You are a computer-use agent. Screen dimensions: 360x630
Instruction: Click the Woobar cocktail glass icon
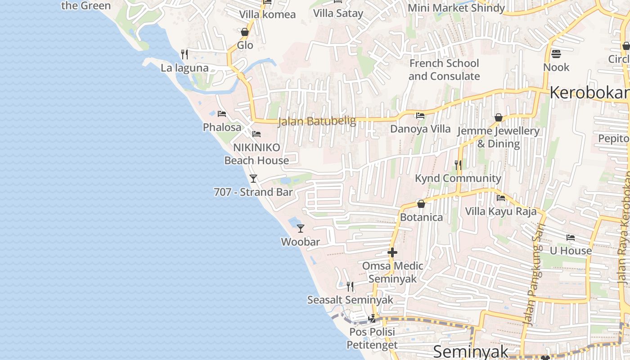pyautogui.click(x=301, y=229)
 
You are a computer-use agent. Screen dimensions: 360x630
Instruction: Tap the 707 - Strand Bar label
pyautogui.click(x=253, y=192)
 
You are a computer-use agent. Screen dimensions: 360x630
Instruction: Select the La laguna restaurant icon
pyautogui.click(x=184, y=54)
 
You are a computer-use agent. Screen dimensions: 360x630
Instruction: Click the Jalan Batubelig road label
pyautogui.click(x=317, y=121)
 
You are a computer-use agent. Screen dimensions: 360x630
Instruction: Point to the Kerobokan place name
pyautogui.click(x=589, y=93)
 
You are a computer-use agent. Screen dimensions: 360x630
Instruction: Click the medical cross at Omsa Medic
pyautogui.click(x=392, y=252)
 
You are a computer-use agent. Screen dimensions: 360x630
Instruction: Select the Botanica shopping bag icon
pyautogui.click(x=421, y=204)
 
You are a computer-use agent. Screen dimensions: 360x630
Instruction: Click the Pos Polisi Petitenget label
pyautogui.click(x=372, y=338)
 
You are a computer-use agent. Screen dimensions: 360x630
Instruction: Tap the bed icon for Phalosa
pyautogui.click(x=221, y=114)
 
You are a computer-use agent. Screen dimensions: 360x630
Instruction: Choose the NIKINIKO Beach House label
pyautogui.click(x=256, y=154)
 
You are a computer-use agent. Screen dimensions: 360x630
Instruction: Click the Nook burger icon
pyautogui.click(x=556, y=54)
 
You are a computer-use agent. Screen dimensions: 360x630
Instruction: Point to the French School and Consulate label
pyautogui.click(x=444, y=70)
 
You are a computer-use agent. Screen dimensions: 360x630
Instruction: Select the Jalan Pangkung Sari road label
pyautogui.click(x=535, y=274)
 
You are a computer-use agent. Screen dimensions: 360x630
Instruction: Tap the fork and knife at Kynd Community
pyautogui.click(x=458, y=165)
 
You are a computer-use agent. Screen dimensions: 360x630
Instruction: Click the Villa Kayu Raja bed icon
pyautogui.click(x=500, y=198)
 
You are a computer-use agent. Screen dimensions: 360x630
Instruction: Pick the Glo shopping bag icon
pyautogui.click(x=245, y=32)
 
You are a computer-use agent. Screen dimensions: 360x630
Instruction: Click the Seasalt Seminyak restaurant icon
pyautogui.click(x=350, y=286)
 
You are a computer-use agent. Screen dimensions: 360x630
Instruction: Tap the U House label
pyautogui.click(x=571, y=251)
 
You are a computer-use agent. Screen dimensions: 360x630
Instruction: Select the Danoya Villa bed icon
pyautogui.click(x=420, y=116)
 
